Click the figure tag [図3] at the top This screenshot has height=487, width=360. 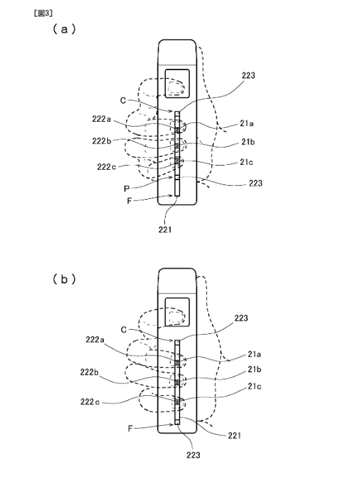43,13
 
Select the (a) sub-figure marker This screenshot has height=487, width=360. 64,29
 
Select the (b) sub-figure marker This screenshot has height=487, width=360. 64,279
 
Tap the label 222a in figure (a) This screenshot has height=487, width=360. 102,119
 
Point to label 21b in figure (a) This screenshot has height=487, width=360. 248,142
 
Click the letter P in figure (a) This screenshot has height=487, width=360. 126,189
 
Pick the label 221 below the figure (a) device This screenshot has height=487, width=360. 165,230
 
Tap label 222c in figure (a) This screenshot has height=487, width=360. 107,167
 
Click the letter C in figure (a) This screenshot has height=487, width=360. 123,101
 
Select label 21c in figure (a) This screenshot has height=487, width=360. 246,162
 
